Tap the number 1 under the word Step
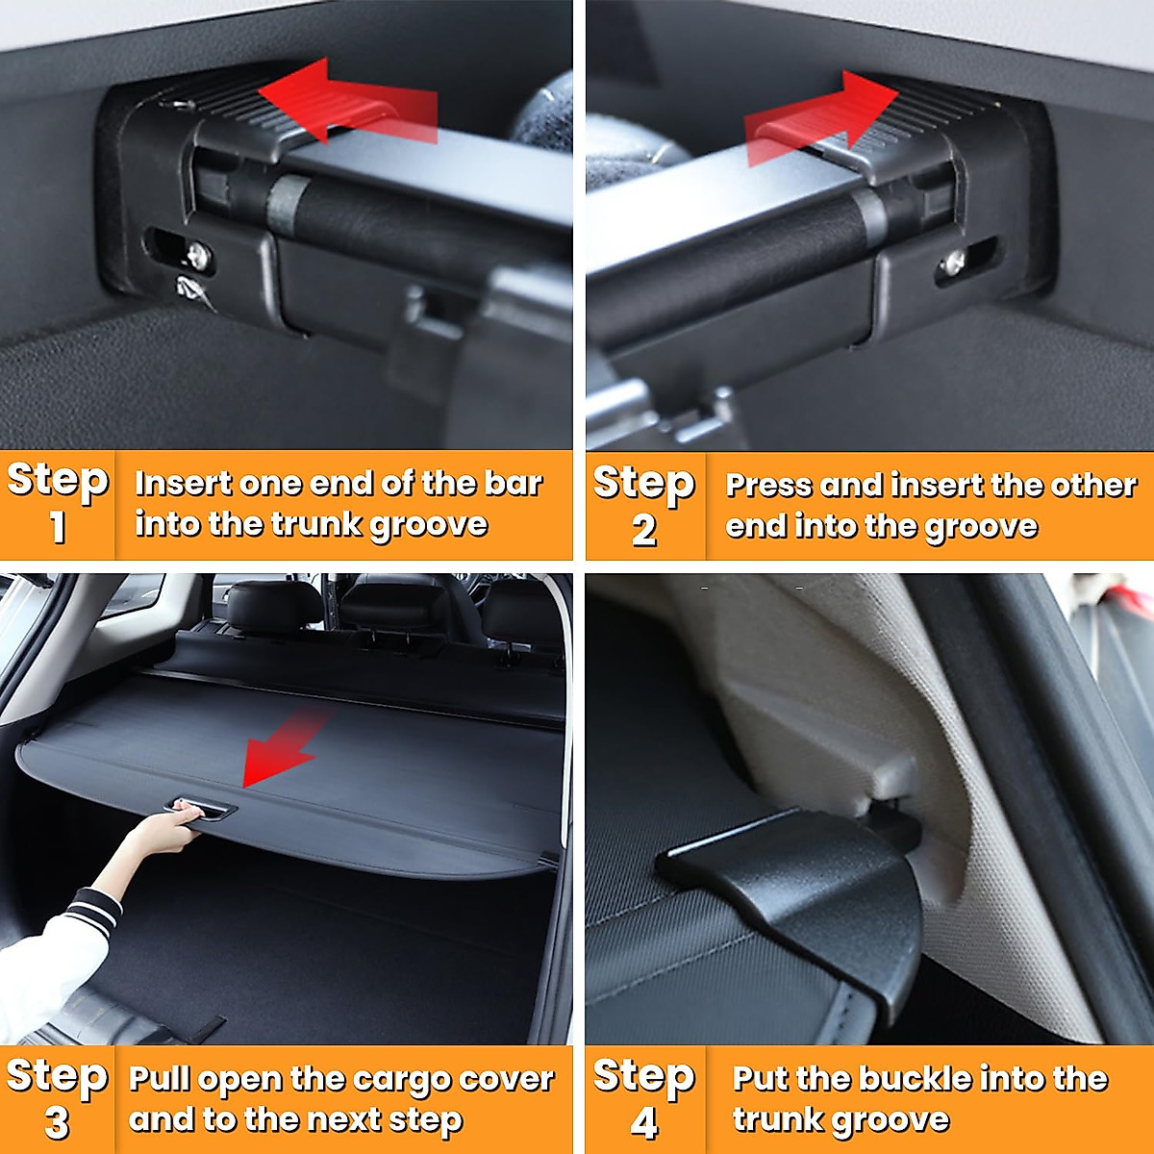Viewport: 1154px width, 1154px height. (58, 527)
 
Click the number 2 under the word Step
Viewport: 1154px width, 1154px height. (644, 529)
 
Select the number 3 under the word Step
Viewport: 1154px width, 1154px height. (58, 1122)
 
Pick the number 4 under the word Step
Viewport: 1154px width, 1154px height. (644, 1122)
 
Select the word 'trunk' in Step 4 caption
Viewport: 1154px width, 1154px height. (779, 1120)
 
